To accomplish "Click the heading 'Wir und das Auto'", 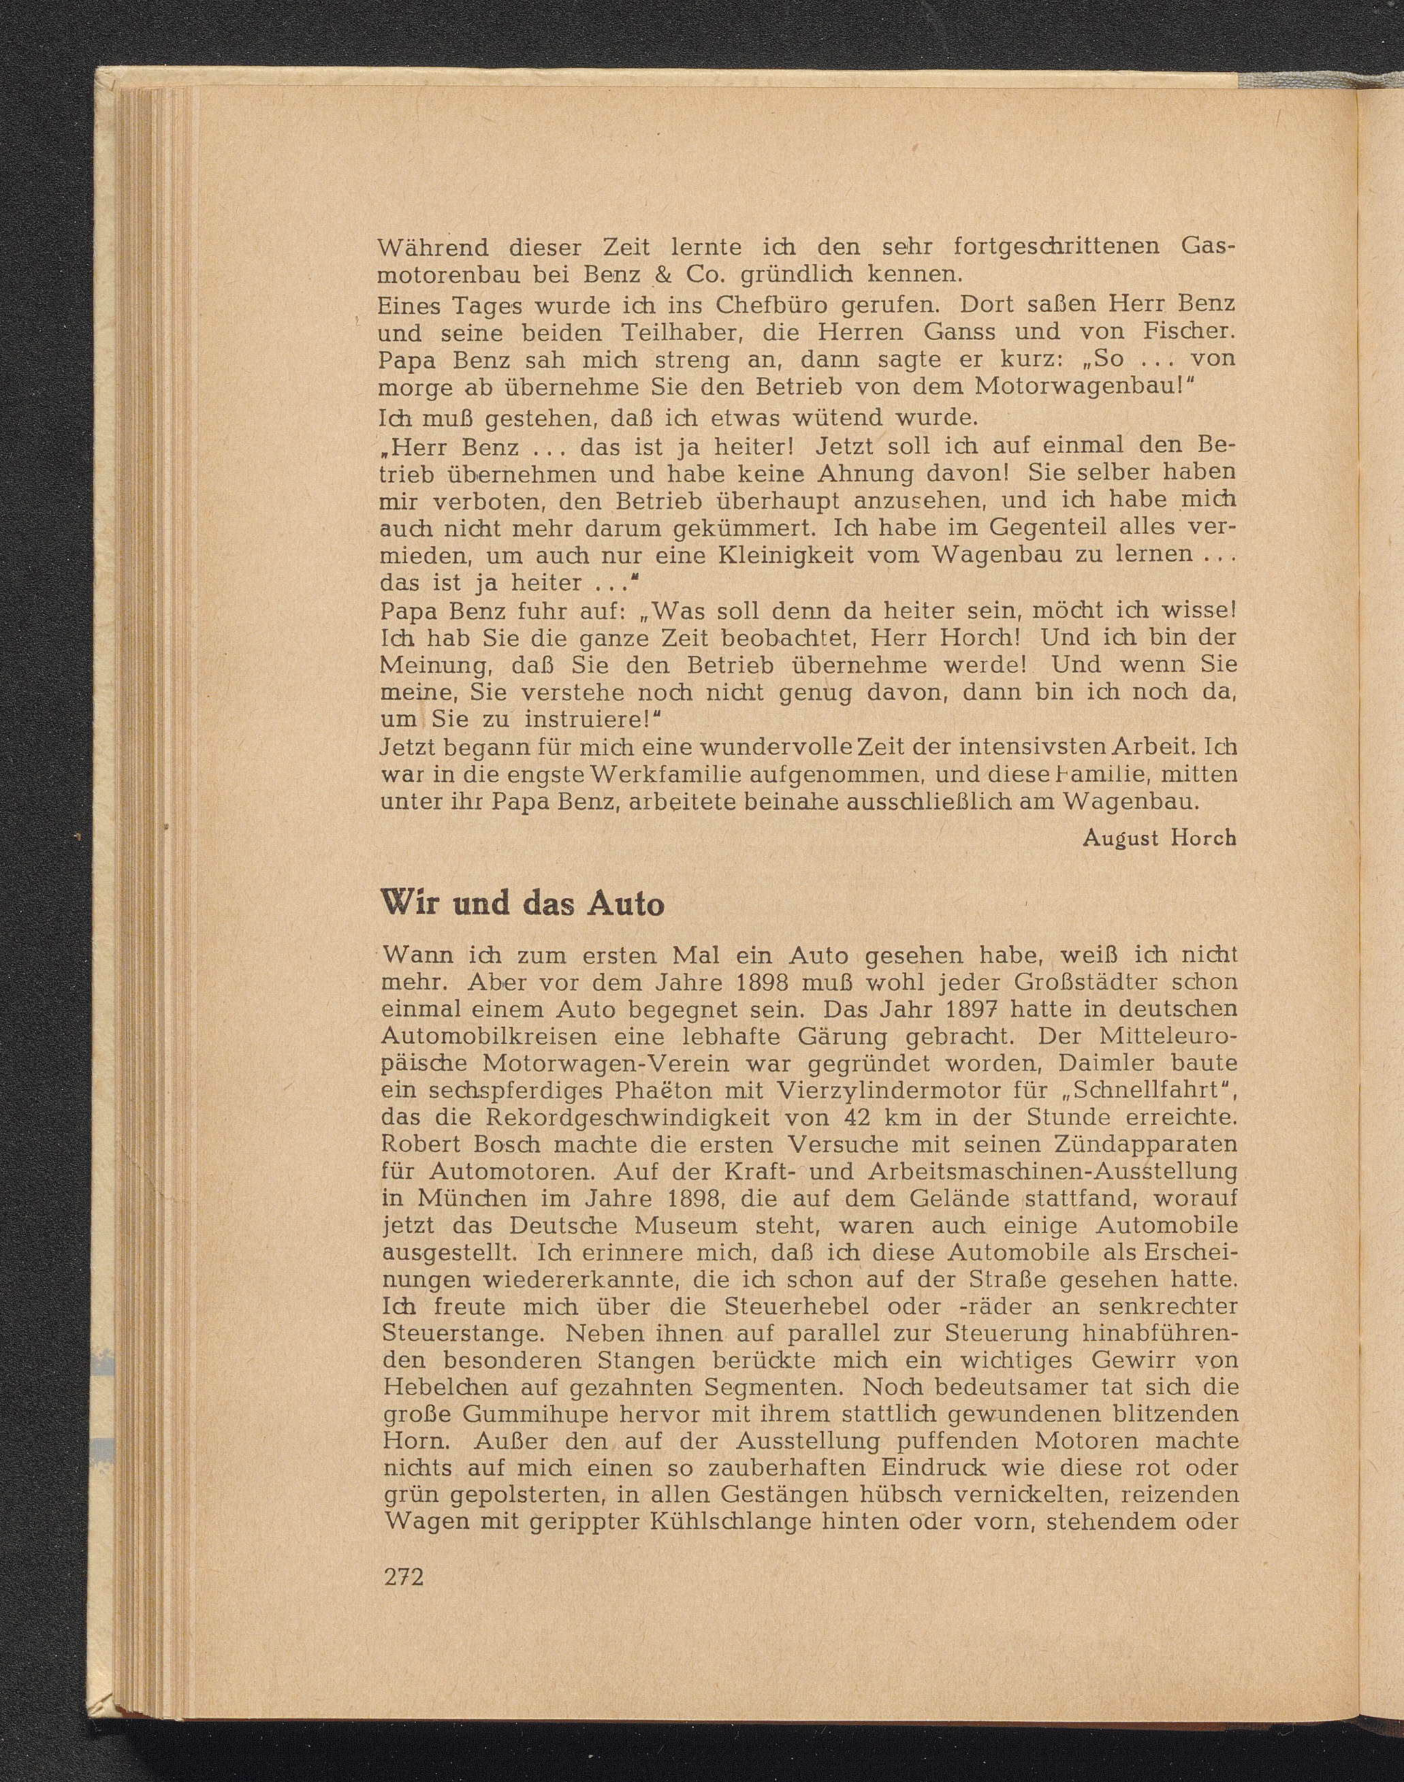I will [523, 904].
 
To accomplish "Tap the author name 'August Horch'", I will [1160, 838].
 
